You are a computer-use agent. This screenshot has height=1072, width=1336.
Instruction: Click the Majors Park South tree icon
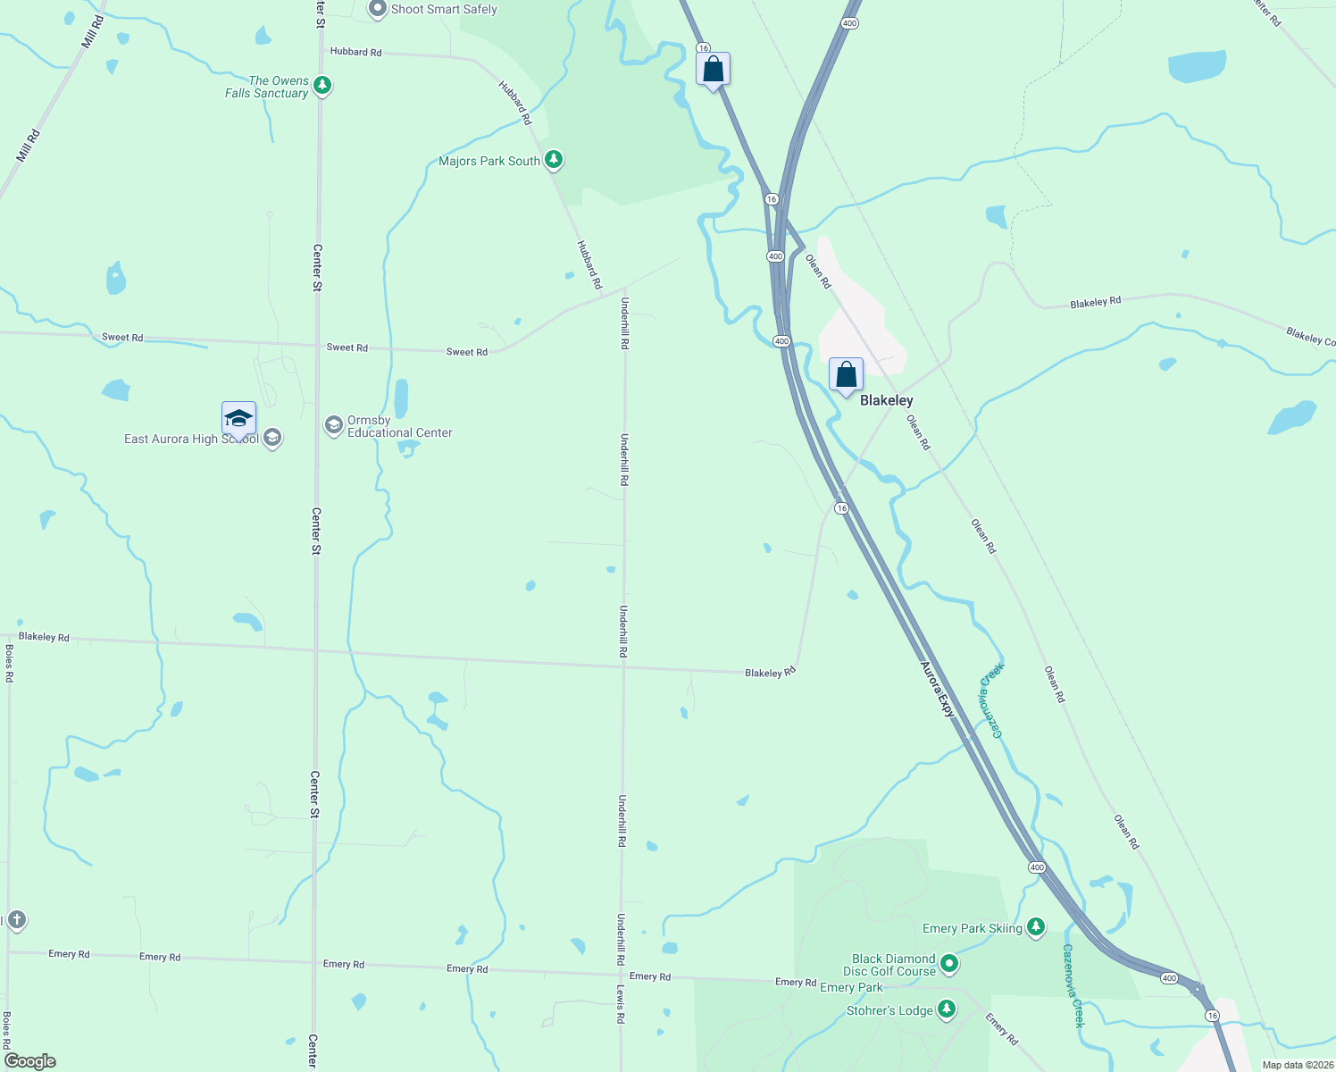click(554, 160)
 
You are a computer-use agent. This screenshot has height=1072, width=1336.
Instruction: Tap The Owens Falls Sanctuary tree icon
click(322, 87)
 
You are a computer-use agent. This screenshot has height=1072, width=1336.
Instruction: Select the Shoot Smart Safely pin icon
click(378, 9)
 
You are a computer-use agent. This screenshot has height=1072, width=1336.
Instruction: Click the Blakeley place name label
click(886, 400)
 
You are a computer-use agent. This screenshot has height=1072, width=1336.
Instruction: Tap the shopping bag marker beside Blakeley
click(846, 375)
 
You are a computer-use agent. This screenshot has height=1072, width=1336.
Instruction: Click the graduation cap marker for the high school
click(238, 418)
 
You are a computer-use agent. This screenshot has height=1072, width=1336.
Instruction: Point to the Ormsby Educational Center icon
click(334, 425)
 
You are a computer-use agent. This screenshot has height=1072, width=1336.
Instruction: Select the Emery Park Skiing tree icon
click(1035, 927)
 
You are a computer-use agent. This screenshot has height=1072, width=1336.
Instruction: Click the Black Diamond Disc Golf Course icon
click(949, 964)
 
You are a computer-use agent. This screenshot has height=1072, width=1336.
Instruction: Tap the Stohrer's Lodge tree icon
click(947, 1010)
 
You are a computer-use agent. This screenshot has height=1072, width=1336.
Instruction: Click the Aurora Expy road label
click(938, 689)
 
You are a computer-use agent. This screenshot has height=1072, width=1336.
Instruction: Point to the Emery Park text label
click(851, 987)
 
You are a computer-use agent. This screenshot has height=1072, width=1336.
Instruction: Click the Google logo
click(30, 1061)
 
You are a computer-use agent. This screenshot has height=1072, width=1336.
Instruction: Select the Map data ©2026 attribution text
click(1298, 1065)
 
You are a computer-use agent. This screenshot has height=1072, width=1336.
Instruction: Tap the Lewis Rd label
click(620, 1004)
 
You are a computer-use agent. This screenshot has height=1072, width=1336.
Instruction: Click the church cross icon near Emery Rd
click(16, 920)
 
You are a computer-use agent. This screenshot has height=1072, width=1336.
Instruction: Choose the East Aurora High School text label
click(191, 439)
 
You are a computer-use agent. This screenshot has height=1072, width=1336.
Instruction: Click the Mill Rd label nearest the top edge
click(92, 31)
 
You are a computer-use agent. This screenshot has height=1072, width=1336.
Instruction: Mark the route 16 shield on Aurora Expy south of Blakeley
click(841, 508)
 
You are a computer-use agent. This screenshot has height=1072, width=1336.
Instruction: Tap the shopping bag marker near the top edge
click(713, 69)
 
